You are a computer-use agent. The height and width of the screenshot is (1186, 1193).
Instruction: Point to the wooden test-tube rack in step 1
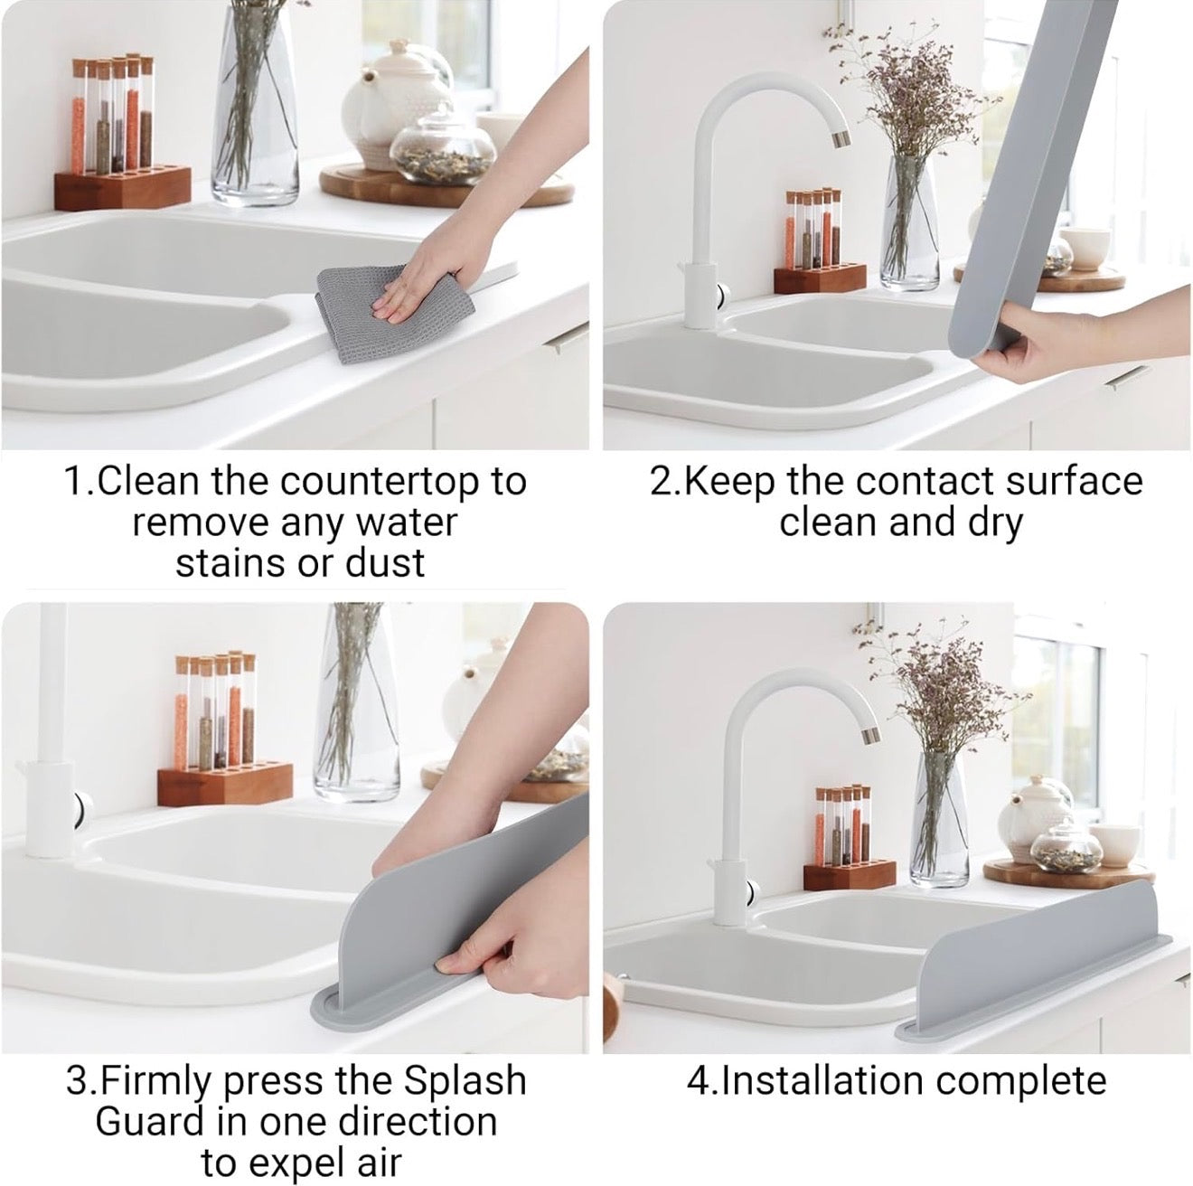(x=122, y=187)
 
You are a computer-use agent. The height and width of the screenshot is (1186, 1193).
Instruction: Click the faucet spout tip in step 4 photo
(x=868, y=735)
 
